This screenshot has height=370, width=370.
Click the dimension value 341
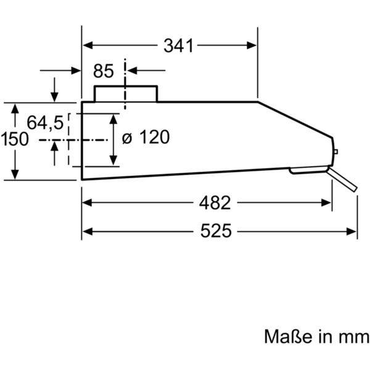179,46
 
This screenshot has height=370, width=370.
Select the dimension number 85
104,72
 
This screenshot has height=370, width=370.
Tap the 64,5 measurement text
45,123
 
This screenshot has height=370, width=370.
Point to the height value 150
14,139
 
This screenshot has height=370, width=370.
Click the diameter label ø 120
145,138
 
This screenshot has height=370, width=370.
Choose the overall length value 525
215,231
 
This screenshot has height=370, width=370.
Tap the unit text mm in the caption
354,337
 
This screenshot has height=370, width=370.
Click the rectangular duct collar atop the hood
126,93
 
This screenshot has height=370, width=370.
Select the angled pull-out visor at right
343,181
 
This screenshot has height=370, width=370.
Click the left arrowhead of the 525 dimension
87,231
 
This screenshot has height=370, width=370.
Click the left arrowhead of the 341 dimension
87,45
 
